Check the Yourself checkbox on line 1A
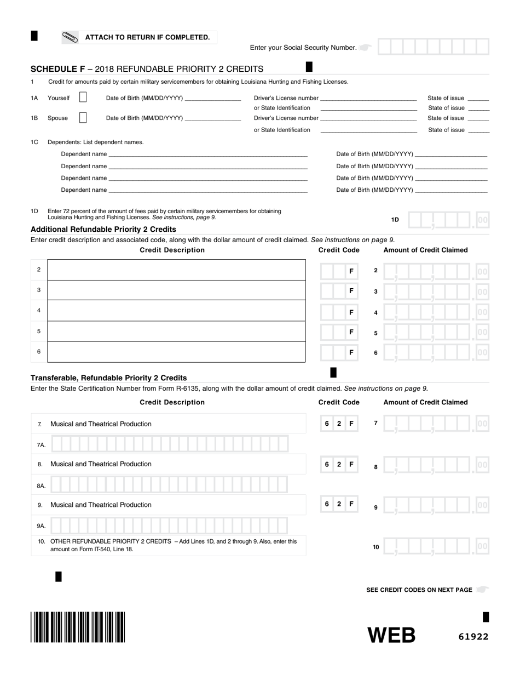[x=83, y=98]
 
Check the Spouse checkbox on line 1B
[x=83, y=118]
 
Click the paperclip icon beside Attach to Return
[x=71, y=37]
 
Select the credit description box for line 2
[x=176, y=270]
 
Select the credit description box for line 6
[x=176, y=352]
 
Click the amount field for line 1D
[x=448, y=220]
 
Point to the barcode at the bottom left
[x=78, y=627]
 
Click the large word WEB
[x=391, y=635]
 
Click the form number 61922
[x=473, y=637]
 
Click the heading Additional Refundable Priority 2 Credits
[x=103, y=229]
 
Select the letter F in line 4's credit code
[x=351, y=312]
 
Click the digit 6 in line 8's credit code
[x=327, y=464]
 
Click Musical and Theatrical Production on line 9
[x=101, y=505]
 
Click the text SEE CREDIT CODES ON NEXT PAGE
[x=419, y=590]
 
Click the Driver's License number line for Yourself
[x=368, y=98]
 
